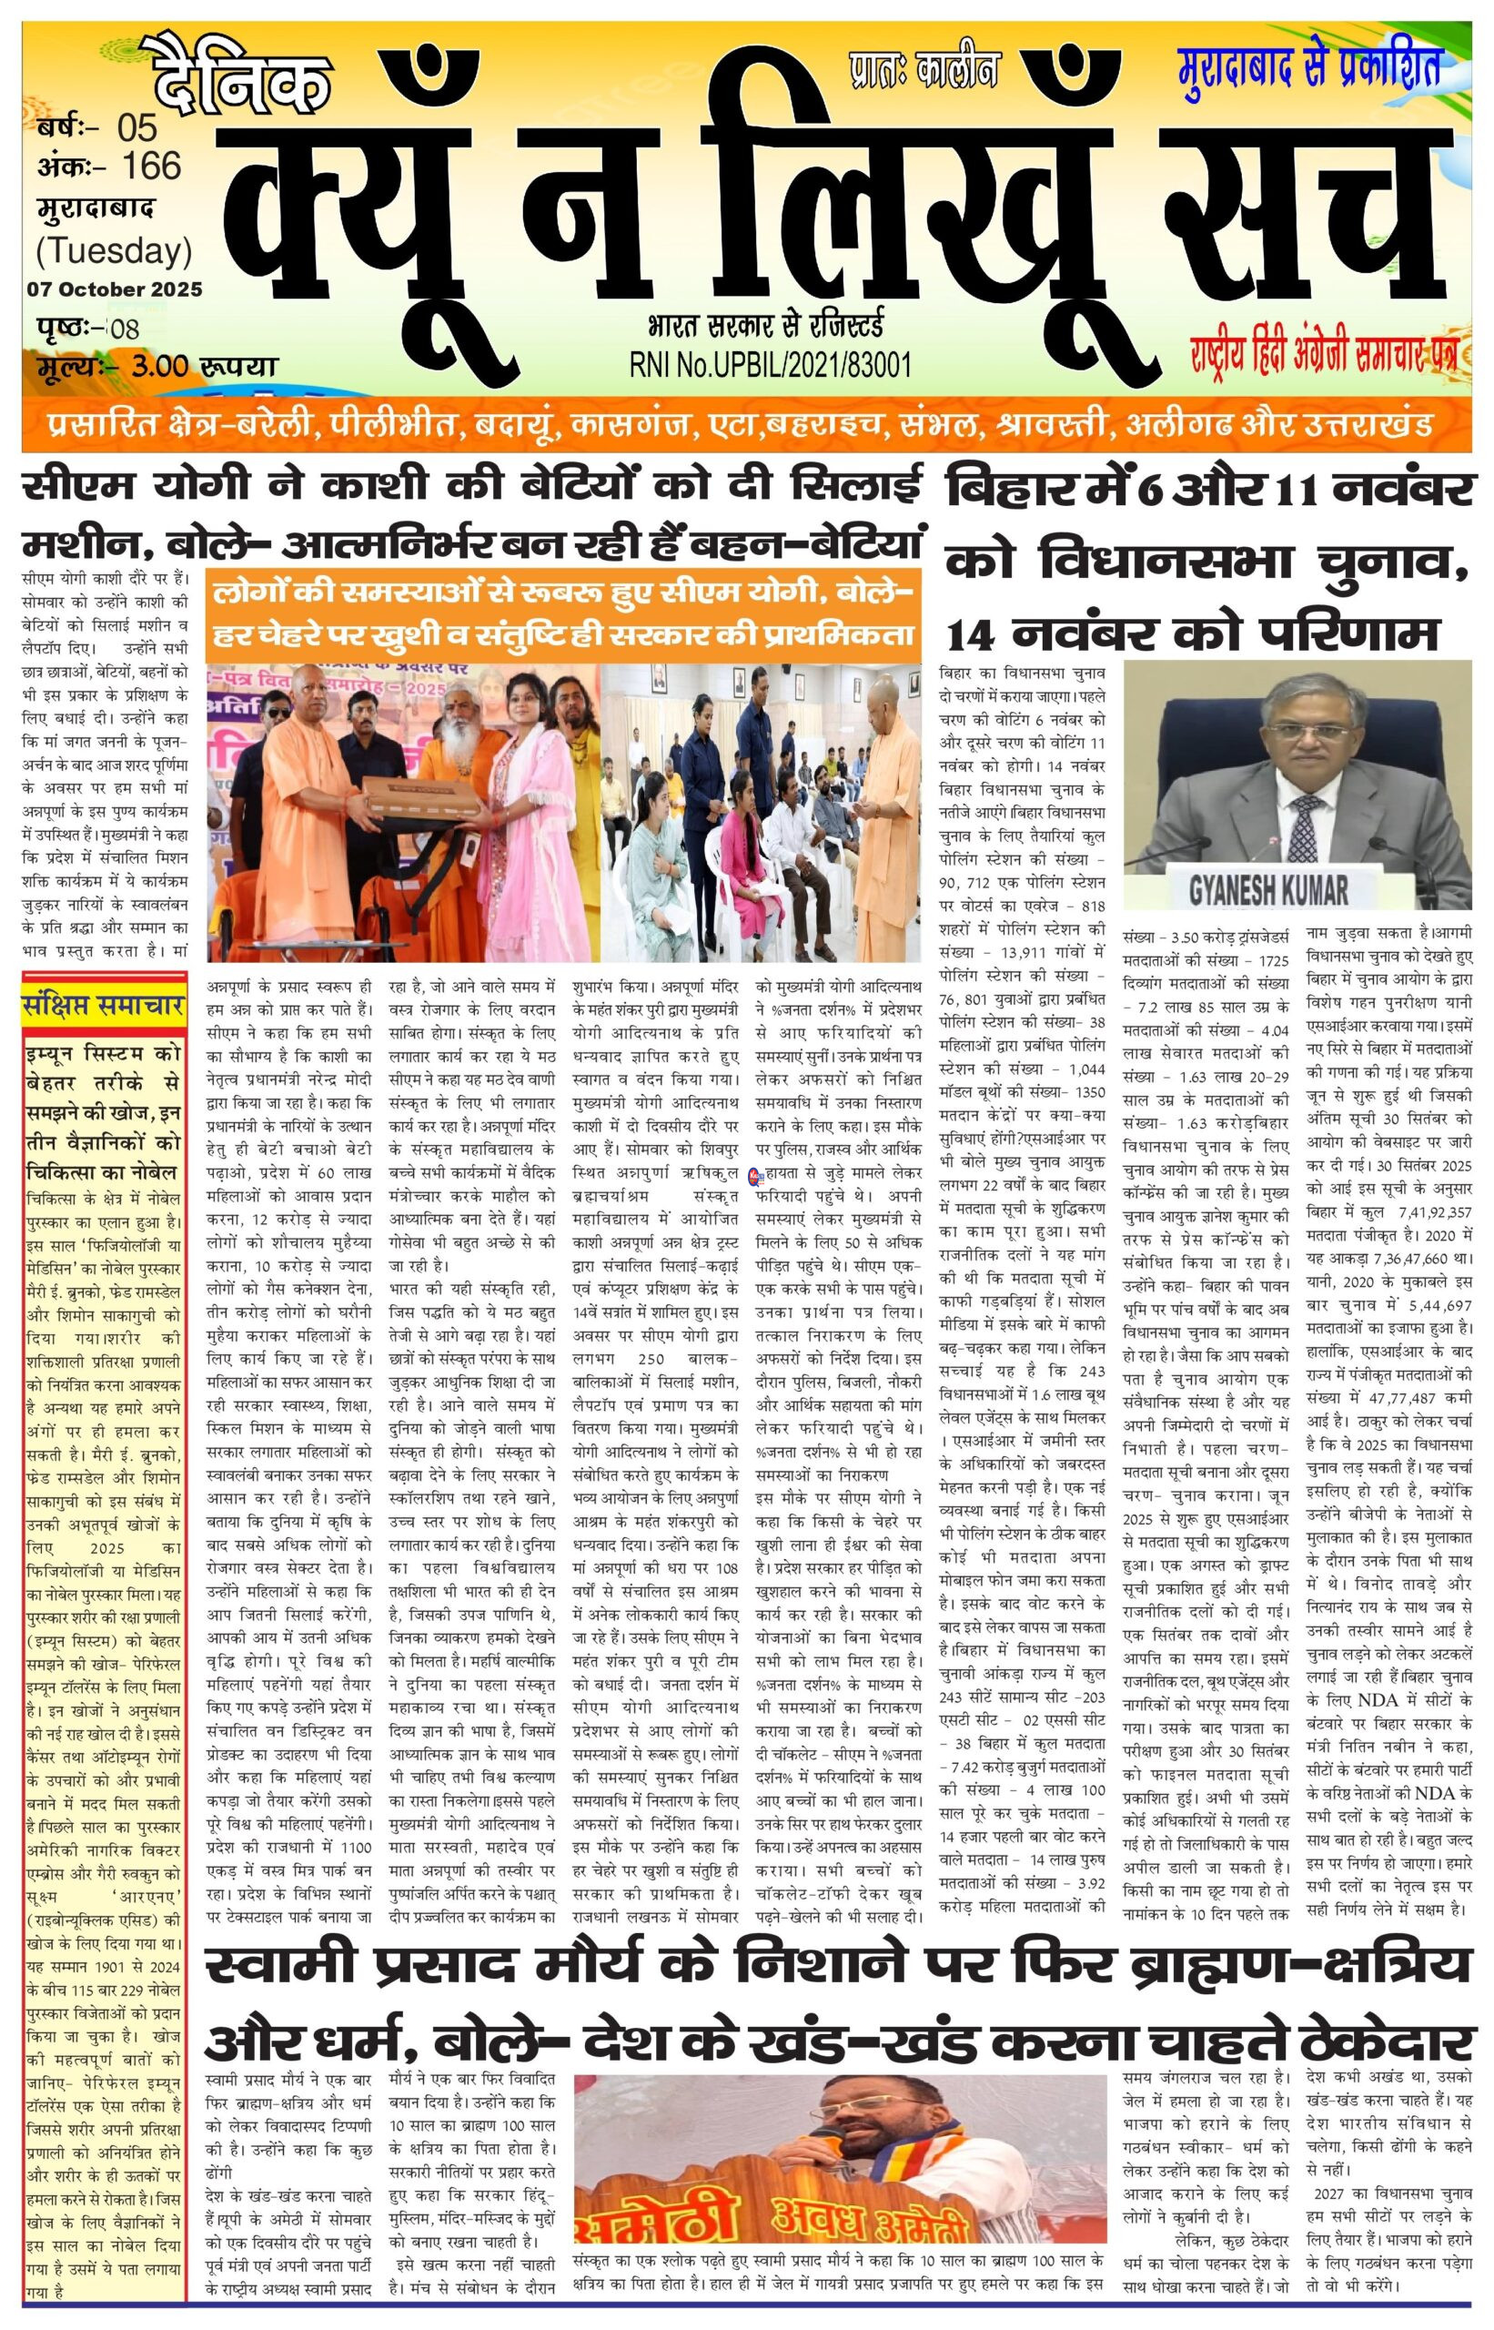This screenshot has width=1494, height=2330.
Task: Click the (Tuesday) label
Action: [115, 250]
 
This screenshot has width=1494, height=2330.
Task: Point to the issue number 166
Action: [151, 166]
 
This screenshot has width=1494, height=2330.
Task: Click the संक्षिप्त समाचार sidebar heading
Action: [104, 1007]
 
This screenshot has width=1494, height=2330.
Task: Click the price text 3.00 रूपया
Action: [206, 367]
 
